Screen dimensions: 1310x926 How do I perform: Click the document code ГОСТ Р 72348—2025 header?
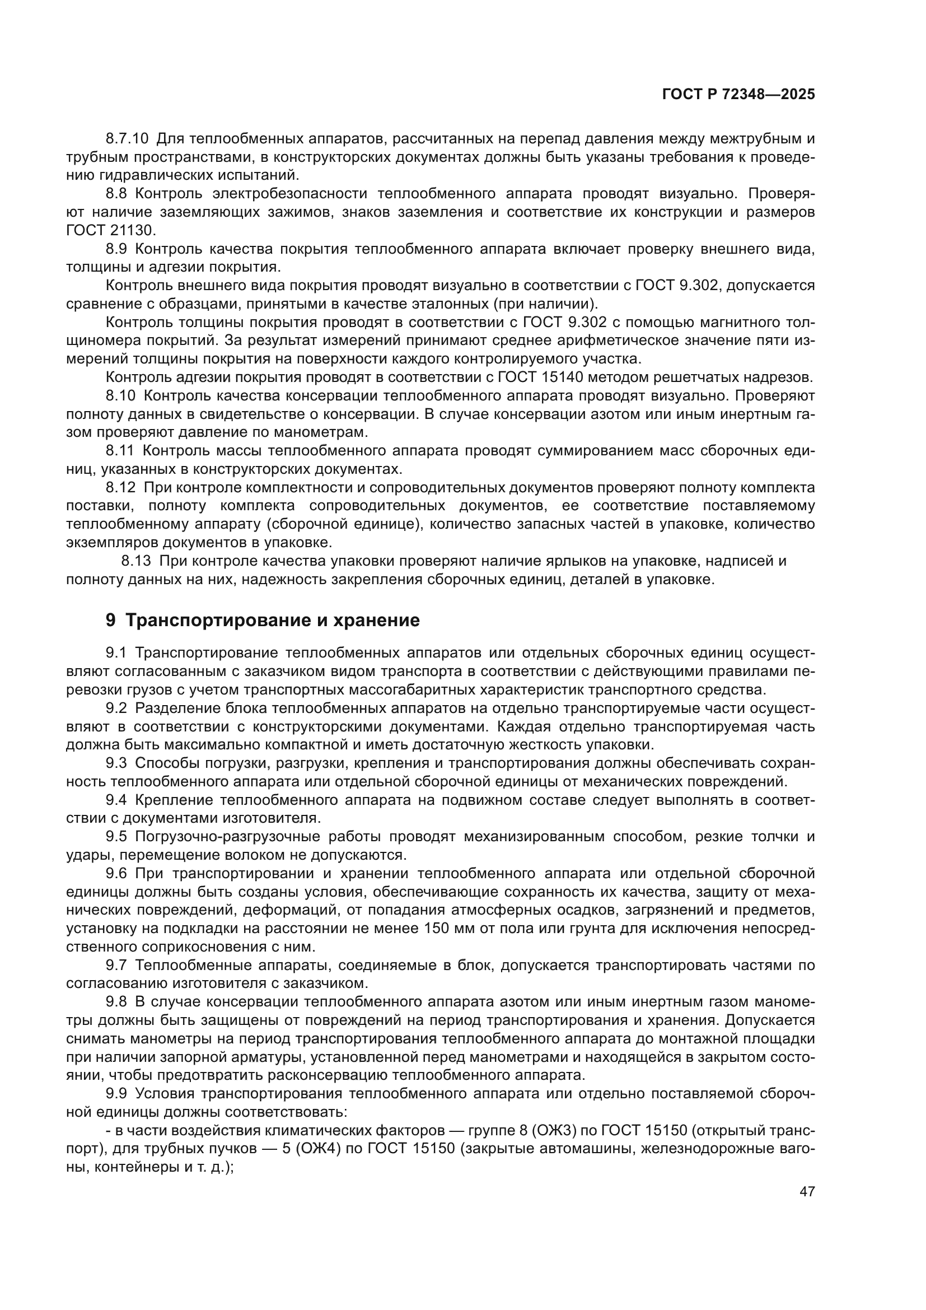[x=738, y=95]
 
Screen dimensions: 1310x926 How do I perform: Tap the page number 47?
[x=807, y=1191]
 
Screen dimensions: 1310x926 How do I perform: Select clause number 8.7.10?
[x=127, y=139]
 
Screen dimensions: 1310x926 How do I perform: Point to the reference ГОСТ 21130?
[x=110, y=231]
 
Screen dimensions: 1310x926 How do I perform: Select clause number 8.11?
[x=120, y=451]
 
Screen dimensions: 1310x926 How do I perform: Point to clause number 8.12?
[x=120, y=487]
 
